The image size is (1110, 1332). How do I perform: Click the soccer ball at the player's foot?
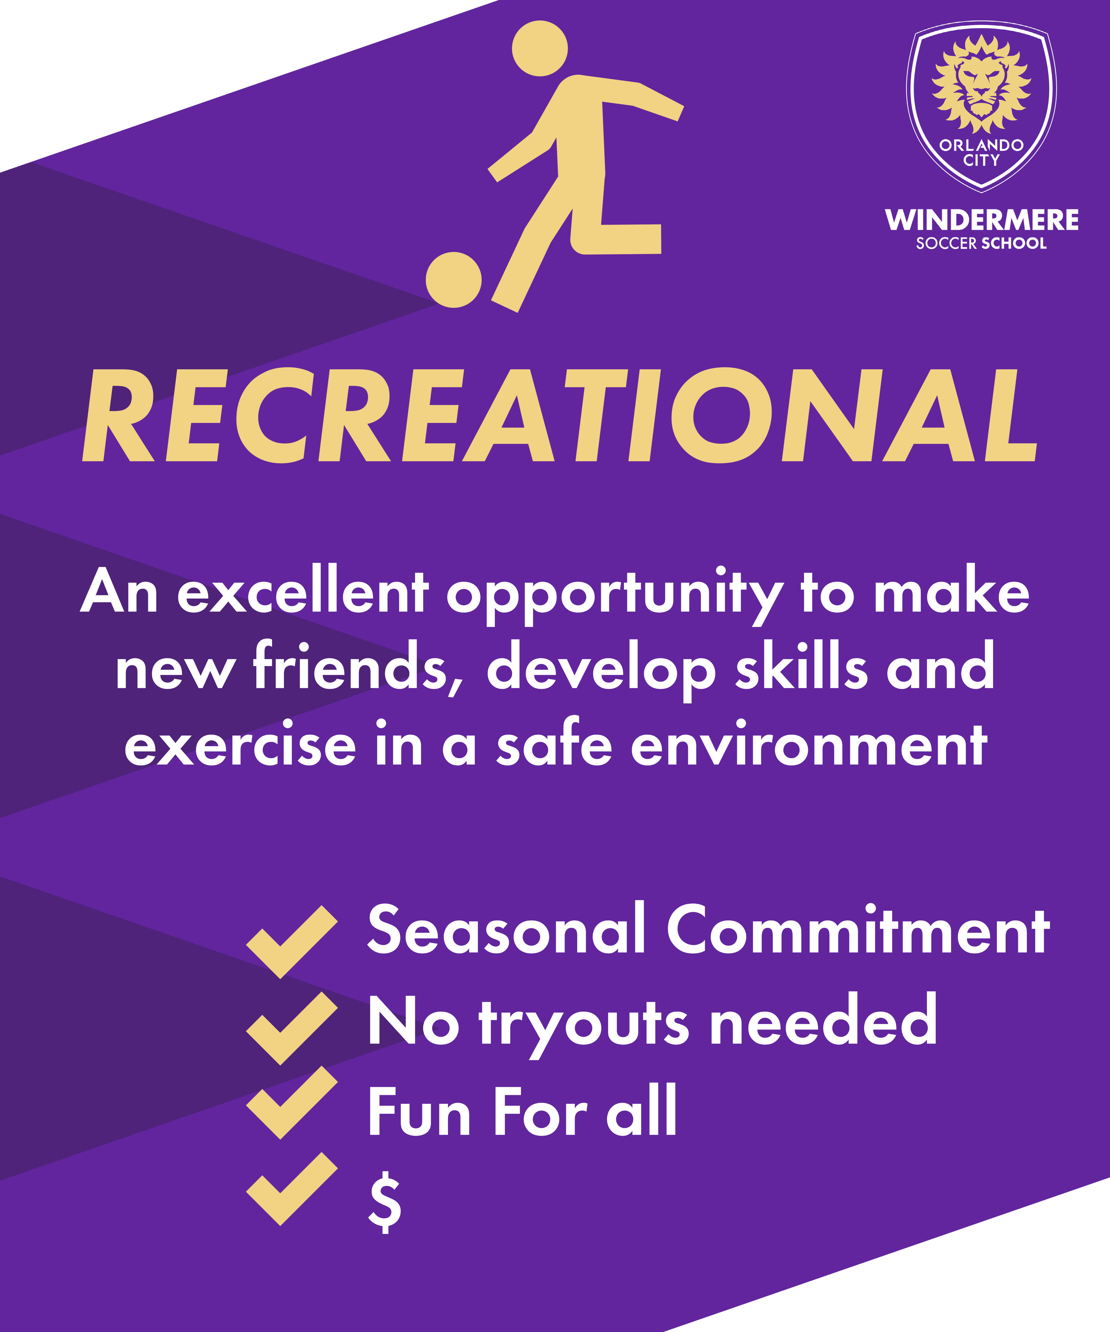pos(454,280)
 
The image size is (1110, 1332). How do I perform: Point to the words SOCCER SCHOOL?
pos(981,243)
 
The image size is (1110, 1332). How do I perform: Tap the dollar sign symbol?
pos(384,1201)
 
